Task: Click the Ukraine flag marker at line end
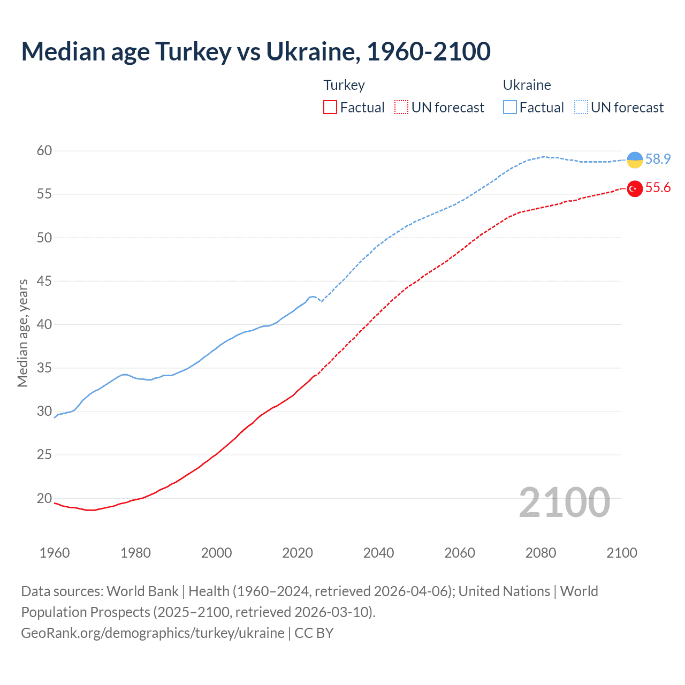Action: point(635,159)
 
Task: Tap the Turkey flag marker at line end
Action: point(635,188)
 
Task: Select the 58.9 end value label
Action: point(658,159)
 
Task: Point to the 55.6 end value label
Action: point(658,188)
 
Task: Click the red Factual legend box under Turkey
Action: point(330,108)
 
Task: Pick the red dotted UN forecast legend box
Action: point(401,108)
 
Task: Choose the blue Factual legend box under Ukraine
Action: point(510,108)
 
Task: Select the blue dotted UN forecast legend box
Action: point(581,108)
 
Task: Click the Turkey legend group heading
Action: point(344,85)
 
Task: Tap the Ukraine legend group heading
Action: point(527,85)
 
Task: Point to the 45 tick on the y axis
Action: point(44,281)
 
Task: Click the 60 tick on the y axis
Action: point(44,151)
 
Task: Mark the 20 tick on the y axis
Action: point(44,498)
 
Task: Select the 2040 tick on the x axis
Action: point(378,553)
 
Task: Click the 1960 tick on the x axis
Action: point(55,553)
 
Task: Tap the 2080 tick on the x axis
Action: point(541,553)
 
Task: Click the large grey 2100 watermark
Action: point(564,502)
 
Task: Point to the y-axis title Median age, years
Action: point(22,333)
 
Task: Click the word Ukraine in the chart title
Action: point(310,51)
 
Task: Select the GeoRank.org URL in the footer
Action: point(153,633)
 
